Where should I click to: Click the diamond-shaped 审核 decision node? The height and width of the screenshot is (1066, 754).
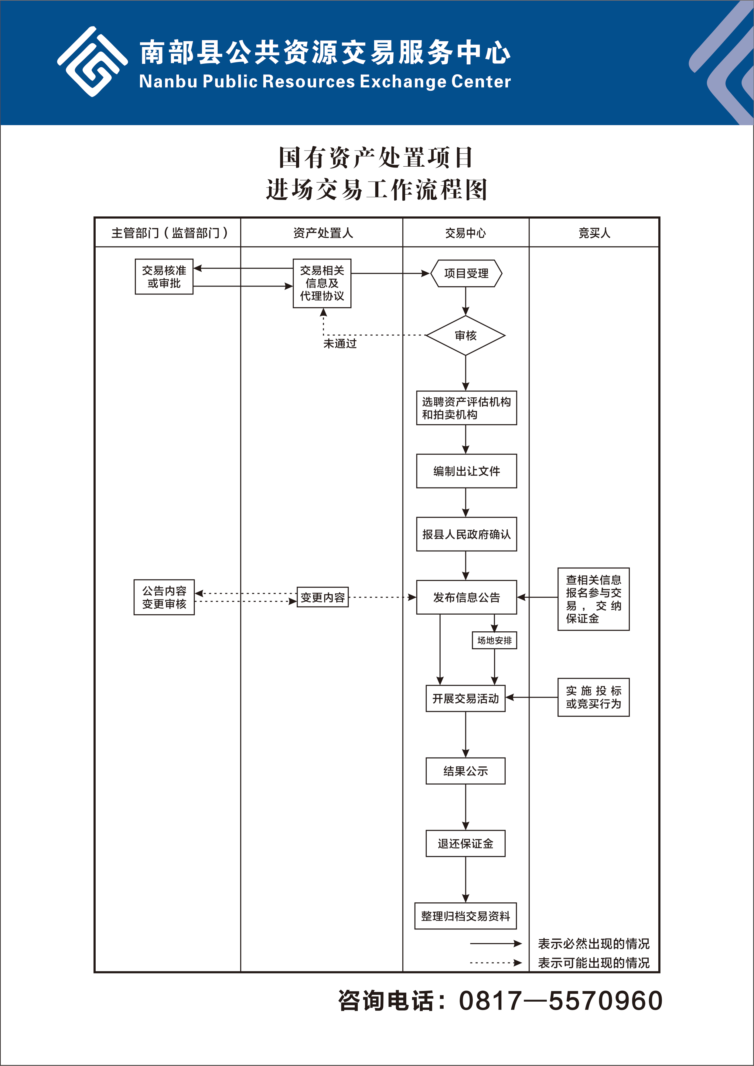pyautogui.click(x=466, y=335)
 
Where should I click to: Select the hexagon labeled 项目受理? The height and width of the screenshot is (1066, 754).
pyautogui.click(x=466, y=273)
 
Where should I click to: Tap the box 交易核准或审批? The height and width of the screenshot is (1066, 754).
pyautogui.click(x=164, y=277)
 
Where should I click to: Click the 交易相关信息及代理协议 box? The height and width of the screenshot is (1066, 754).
pyautogui.click(x=322, y=283)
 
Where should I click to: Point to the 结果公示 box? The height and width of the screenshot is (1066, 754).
pyautogui.click(x=466, y=771)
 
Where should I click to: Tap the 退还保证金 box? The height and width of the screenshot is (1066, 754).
pyautogui.click(x=466, y=844)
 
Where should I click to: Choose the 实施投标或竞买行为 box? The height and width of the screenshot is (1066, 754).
pyautogui.click(x=593, y=697)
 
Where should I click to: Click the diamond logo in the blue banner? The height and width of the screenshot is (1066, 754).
pyautogui.click(x=92, y=62)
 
